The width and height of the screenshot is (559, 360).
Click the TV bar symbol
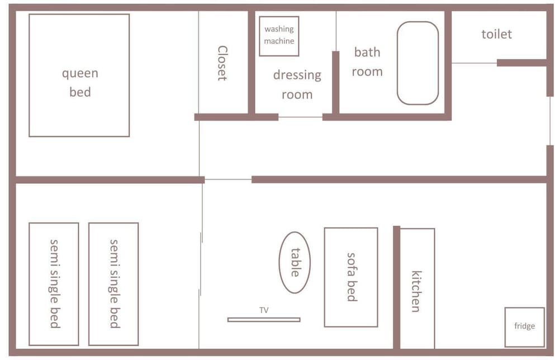(264, 320)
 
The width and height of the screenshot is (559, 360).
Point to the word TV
(264, 310)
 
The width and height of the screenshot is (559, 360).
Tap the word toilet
(496, 34)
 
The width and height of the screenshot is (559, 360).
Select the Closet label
(222, 63)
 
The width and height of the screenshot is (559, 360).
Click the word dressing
(297, 75)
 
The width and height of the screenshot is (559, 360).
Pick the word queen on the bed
(80, 74)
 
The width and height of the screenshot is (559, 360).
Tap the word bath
(367, 53)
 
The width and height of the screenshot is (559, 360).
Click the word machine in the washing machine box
(279, 41)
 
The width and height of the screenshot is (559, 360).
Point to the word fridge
(524, 326)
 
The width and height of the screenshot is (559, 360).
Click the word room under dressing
(297, 95)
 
